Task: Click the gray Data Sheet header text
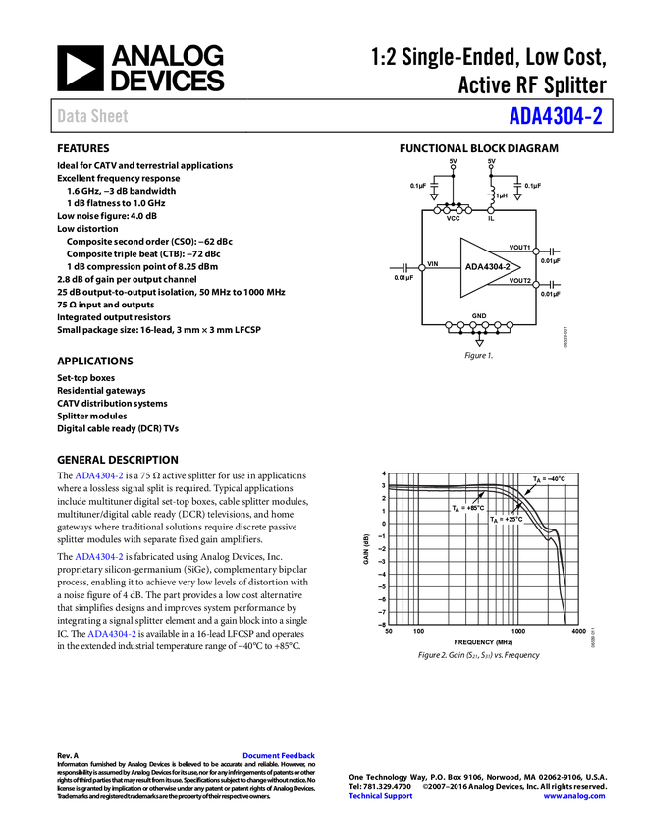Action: click(x=93, y=117)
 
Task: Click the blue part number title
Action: click(x=555, y=117)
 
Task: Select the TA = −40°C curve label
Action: click(x=549, y=479)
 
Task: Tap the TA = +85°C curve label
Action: click(x=468, y=508)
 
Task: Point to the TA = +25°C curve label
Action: click(x=507, y=519)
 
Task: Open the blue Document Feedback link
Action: click(x=280, y=756)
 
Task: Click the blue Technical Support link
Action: click(x=381, y=796)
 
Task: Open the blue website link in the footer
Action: click(x=574, y=796)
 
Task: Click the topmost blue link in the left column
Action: click(x=99, y=476)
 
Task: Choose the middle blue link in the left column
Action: click(x=99, y=557)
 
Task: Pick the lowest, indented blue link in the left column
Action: click(x=113, y=635)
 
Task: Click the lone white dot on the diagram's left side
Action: click(x=422, y=267)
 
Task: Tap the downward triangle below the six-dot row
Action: click(x=479, y=343)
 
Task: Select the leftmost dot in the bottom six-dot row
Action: click(x=448, y=325)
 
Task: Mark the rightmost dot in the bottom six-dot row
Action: click(x=510, y=325)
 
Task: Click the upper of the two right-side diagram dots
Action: click(x=536, y=251)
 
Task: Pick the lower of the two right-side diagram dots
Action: click(x=536, y=284)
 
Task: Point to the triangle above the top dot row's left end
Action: click(x=434, y=197)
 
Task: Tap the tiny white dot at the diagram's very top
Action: click(x=491, y=167)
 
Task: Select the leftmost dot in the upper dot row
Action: click(x=436, y=210)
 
